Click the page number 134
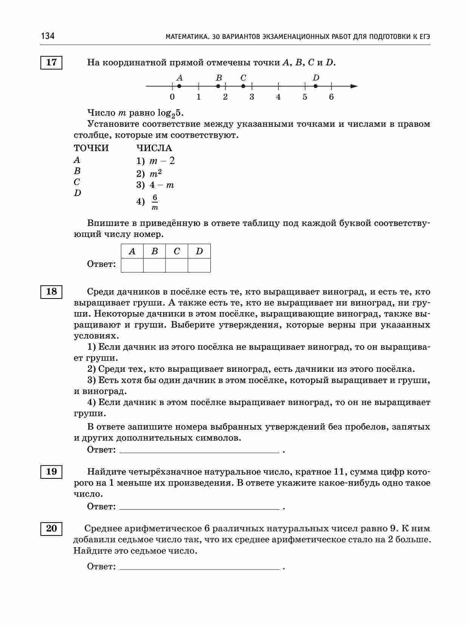[x=48, y=36]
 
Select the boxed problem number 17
[x=51, y=62]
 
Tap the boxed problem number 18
[x=51, y=292]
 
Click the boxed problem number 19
[x=51, y=472]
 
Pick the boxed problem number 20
[x=51, y=528]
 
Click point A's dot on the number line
[x=179, y=86]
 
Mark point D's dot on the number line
[x=316, y=86]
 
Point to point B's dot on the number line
[x=218, y=86]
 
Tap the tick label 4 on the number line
[x=278, y=97]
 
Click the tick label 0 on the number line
[x=172, y=97]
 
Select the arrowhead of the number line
[x=354, y=86]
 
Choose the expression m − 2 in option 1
[x=162, y=161]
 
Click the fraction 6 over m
[x=154, y=203]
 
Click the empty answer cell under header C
[x=177, y=265]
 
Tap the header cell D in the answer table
[x=199, y=251]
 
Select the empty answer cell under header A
[x=132, y=265]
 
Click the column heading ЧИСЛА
[x=154, y=148]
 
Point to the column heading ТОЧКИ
[x=91, y=148]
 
